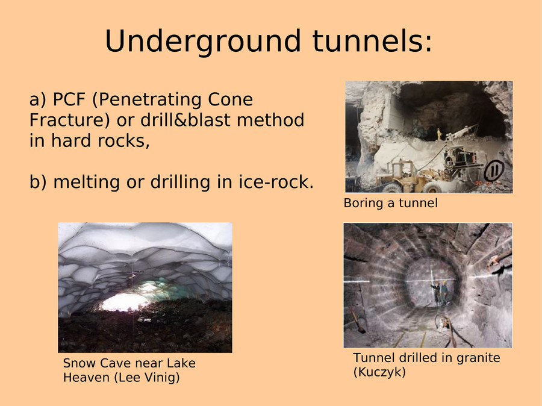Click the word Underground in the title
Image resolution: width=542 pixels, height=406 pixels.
pyautogui.click(x=203, y=42)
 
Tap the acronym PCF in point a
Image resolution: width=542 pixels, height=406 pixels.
pyautogui.click(x=69, y=99)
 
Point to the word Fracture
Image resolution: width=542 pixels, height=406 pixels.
pyautogui.click(x=66, y=120)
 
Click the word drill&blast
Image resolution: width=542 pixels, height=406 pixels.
pyautogui.click(x=185, y=120)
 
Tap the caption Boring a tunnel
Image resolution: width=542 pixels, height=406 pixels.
pyautogui.click(x=391, y=203)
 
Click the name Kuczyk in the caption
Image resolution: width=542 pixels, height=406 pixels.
pyautogui.click(x=379, y=372)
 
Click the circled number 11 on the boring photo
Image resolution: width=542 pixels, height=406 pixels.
pyautogui.click(x=494, y=170)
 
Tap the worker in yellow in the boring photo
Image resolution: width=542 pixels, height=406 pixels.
pyautogui.click(x=439, y=134)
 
